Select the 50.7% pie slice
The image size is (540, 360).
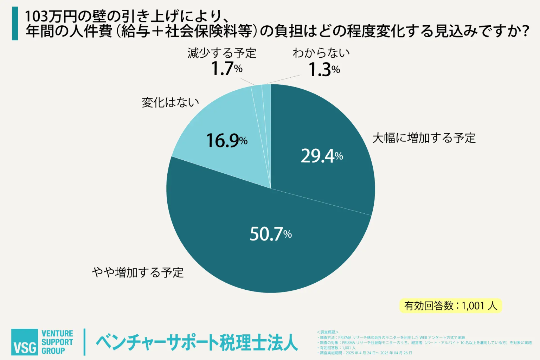tap(246, 246)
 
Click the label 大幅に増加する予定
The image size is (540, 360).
tap(424, 138)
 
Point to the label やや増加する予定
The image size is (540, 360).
tap(138, 272)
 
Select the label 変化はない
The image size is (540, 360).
tap(170, 102)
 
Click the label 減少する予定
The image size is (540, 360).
tap(222, 53)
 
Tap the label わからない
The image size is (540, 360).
tap(321, 53)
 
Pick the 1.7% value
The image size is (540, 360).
tap(226, 69)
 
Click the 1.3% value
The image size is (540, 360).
tap(324, 70)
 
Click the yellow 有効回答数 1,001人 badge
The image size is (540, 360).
tap(450, 306)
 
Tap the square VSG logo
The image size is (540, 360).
tap(24, 342)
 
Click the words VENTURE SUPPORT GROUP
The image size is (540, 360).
tap(57, 342)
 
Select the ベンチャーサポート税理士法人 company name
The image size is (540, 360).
tap(197, 342)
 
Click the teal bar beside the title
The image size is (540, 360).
tap(15, 24)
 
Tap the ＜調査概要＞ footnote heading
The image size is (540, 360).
tap(327, 332)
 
